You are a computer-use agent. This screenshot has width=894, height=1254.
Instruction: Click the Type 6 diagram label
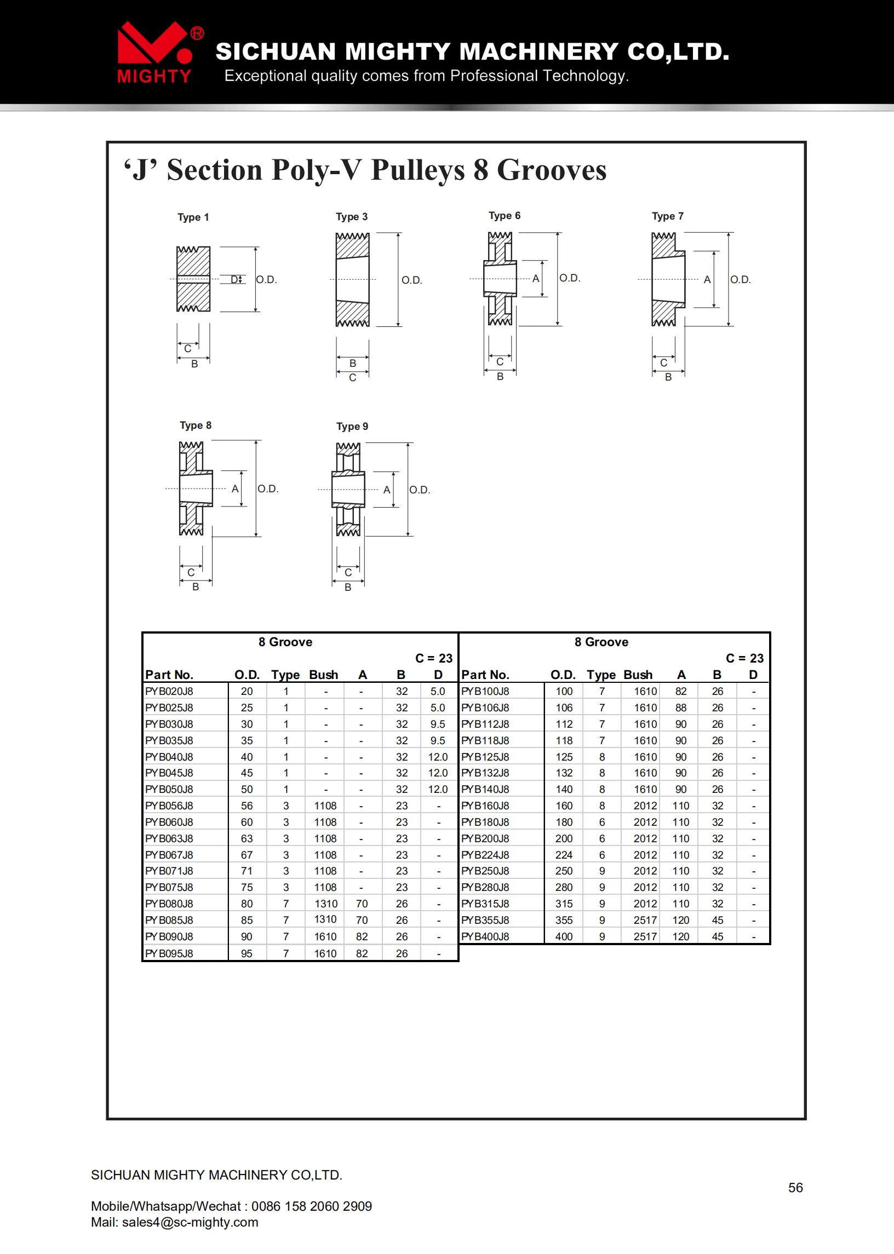coord(505,216)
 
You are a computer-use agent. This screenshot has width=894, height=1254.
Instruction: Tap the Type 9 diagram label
coord(352,427)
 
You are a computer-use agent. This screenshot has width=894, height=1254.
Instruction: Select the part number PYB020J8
coord(169,691)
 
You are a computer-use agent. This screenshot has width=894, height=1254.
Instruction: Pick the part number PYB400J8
coord(485,936)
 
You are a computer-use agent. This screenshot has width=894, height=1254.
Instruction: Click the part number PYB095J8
coord(169,953)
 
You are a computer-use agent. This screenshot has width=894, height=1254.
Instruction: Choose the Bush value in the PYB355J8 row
coord(645,920)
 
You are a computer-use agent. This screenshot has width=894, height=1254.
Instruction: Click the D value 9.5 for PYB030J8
coord(438,724)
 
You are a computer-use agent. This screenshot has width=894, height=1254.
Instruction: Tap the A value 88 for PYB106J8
coord(680,707)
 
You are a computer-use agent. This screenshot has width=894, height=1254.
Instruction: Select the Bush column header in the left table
coord(323,675)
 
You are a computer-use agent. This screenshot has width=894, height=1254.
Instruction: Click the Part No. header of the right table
coord(485,675)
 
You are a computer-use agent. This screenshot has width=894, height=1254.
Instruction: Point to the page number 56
coord(795,1187)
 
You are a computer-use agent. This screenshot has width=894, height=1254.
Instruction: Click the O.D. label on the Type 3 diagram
coord(411,280)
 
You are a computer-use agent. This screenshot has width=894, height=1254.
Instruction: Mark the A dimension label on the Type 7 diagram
coord(707,279)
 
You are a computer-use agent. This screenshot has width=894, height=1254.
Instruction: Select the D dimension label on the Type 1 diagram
coord(234,279)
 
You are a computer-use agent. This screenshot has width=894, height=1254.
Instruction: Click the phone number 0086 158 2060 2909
coord(312,1206)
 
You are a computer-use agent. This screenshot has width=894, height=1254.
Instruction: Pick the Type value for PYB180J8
coord(601,822)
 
